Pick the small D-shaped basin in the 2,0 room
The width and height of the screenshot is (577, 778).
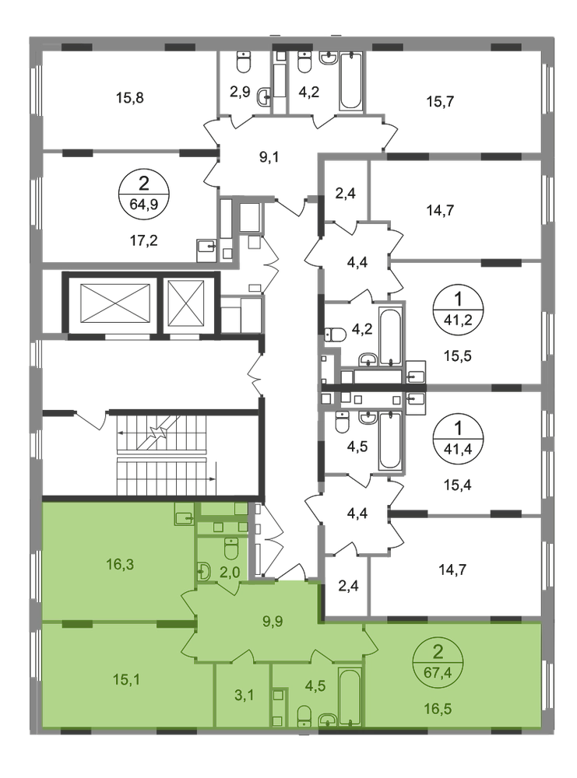[203, 572]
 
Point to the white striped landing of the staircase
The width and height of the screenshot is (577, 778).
[164, 456]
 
